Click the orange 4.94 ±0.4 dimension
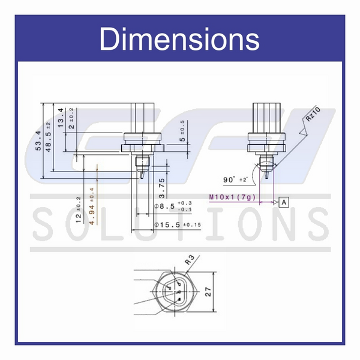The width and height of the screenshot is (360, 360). tap(91, 205)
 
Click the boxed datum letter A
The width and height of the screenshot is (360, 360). tap(284, 202)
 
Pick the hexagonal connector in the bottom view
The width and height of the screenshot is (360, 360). tap(175, 291)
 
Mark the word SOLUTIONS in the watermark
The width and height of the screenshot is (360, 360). tap(180, 225)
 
